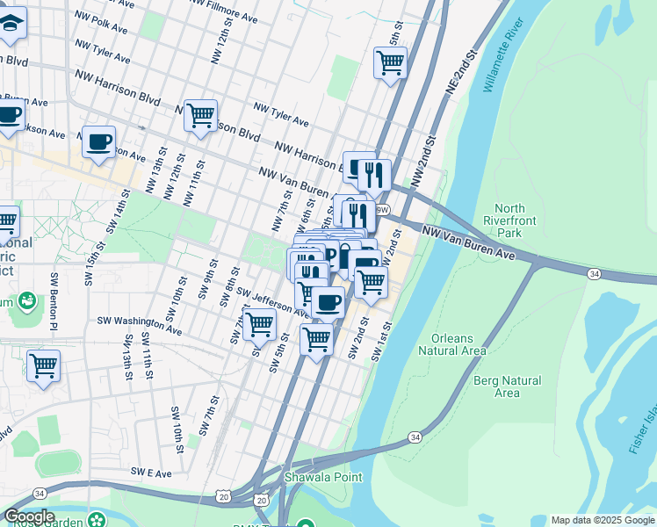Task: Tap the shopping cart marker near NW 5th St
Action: [x=390, y=62]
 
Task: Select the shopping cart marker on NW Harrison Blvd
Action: [x=200, y=114]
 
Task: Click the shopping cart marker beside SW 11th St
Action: [x=43, y=365]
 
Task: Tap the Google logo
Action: [x=29, y=516]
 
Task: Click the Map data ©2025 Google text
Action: [x=603, y=520]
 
